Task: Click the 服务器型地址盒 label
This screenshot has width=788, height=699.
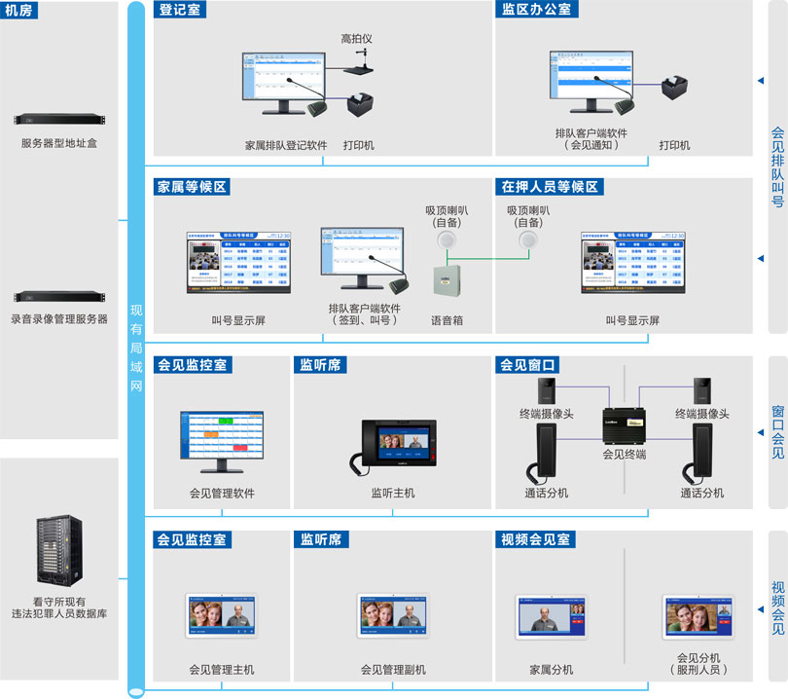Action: point(59,143)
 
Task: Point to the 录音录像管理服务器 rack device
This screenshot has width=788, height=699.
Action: point(59,297)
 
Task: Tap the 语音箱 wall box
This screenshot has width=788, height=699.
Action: point(446,281)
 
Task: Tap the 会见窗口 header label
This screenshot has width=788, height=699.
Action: point(527,365)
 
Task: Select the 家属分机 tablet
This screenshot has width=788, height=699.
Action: point(552,622)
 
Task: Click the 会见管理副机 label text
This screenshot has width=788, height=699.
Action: point(393,670)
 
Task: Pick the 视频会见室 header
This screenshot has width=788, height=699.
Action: point(536,539)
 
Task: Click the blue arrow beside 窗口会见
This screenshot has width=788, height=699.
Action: point(760,432)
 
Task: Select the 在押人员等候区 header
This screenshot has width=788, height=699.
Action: point(549,186)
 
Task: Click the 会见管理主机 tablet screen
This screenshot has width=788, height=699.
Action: point(222,616)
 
